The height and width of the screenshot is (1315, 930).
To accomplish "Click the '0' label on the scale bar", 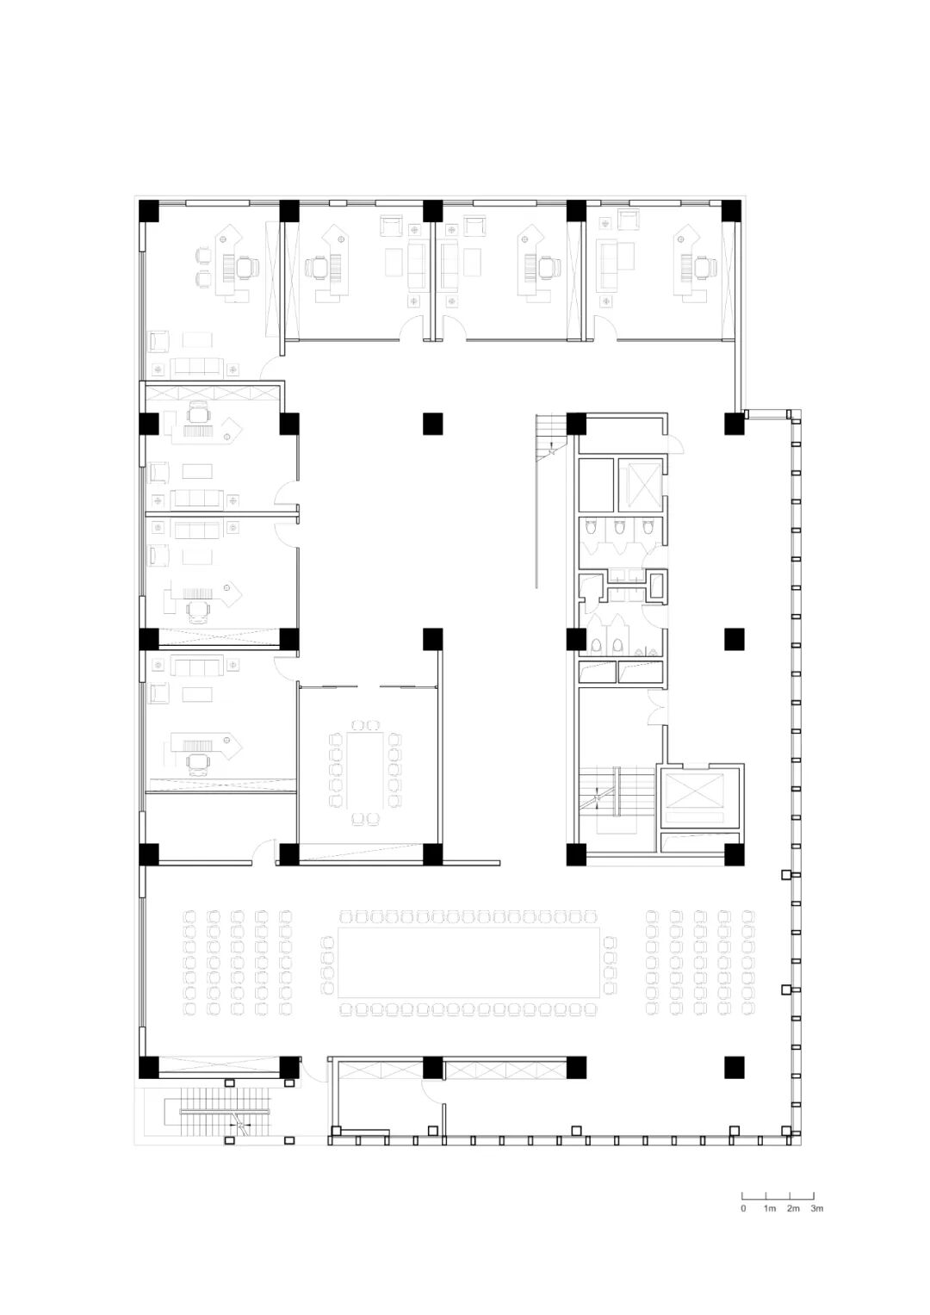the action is (x=743, y=1208).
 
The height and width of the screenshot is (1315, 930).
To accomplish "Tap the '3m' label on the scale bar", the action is (x=816, y=1208).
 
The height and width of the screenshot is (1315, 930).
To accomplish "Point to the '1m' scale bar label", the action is (x=770, y=1208).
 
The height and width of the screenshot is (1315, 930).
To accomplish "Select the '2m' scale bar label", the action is (x=793, y=1208).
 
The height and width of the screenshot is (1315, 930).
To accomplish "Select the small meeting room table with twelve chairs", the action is (x=365, y=770).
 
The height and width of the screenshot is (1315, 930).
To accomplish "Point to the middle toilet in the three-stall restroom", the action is (x=618, y=528).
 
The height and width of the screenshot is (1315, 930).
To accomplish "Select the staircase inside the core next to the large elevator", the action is (x=617, y=791).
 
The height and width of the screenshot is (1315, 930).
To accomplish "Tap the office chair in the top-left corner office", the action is (x=247, y=269).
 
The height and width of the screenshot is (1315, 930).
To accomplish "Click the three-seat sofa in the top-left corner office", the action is (x=196, y=368).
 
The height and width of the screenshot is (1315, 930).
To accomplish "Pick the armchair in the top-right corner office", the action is (x=629, y=220).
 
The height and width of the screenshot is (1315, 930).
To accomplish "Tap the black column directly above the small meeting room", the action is (x=432, y=638).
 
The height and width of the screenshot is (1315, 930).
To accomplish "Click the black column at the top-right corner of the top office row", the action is (x=732, y=211).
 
